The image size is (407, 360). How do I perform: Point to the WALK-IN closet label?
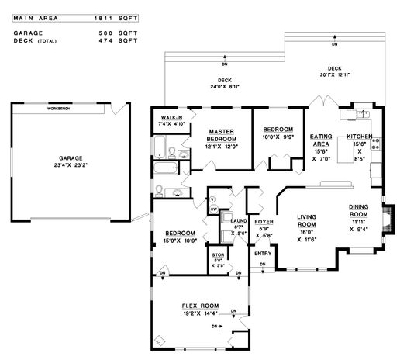(x=171, y=117)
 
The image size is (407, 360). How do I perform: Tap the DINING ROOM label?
(x=358, y=210)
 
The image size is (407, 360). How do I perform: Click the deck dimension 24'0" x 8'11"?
(x=225, y=87)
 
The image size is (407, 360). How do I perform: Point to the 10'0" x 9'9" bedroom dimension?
(x=277, y=137)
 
